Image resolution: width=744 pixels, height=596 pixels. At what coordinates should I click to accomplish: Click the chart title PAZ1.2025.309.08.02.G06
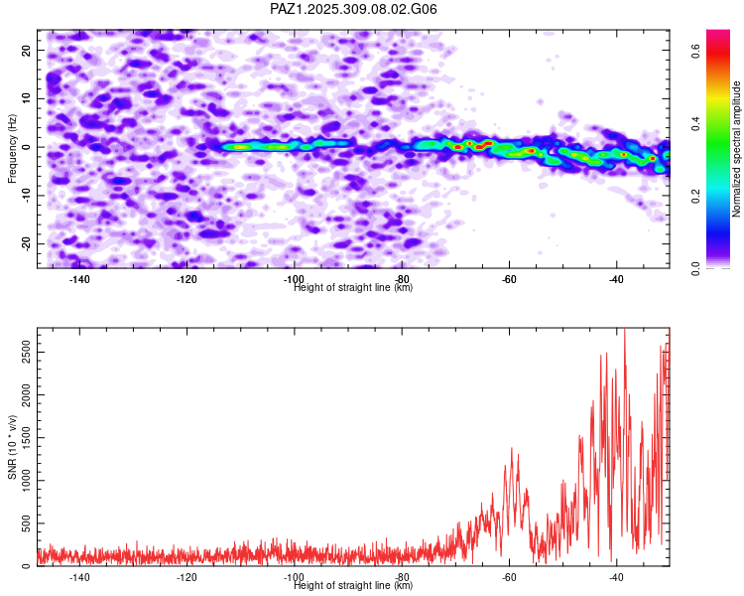click(x=353, y=9)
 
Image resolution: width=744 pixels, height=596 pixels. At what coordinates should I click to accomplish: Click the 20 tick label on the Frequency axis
click(x=26, y=50)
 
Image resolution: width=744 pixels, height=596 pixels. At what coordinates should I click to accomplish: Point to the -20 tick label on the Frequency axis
click(x=24, y=243)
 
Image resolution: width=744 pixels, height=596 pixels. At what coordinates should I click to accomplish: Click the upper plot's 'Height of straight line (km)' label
click(x=353, y=288)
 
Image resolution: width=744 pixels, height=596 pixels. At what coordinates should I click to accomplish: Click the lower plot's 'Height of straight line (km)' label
click(x=353, y=586)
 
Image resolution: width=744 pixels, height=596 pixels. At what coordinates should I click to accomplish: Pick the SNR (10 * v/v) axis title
click(x=12, y=447)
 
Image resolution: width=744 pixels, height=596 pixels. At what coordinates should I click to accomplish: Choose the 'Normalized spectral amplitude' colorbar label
click(x=736, y=149)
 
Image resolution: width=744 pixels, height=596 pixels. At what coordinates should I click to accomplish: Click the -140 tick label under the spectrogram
click(x=79, y=279)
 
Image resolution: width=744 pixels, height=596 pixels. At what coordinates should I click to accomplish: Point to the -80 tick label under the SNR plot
click(x=402, y=577)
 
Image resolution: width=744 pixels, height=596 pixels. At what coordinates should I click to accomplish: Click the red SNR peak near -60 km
click(x=512, y=449)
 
